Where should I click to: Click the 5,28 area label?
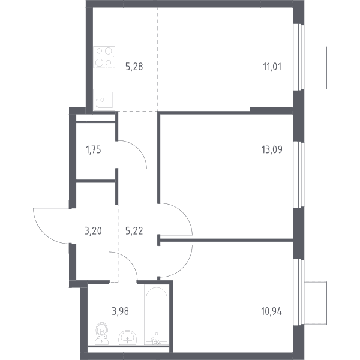[x=134, y=67]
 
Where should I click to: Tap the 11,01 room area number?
[x=272, y=67]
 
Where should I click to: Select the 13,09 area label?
[x=272, y=149]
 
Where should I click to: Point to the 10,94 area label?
[x=272, y=311]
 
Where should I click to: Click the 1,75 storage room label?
[x=93, y=150]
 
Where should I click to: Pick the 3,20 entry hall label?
[x=93, y=231]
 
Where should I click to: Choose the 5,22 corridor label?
[x=134, y=231]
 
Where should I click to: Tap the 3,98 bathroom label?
[x=121, y=311]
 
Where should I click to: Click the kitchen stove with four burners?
[x=104, y=57]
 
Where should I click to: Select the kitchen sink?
[x=104, y=100]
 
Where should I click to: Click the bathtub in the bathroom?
[x=157, y=315]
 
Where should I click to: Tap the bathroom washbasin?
[x=128, y=337]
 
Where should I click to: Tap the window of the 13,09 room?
[x=299, y=175]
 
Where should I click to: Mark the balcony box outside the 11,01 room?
[x=315, y=68]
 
